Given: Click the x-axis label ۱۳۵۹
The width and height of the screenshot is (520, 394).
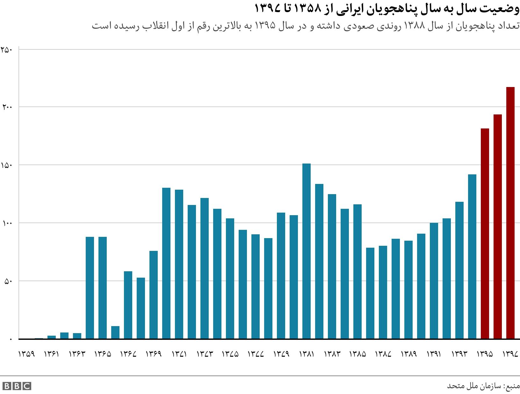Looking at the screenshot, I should (26, 354).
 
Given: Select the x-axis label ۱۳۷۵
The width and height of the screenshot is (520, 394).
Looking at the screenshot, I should (230, 354).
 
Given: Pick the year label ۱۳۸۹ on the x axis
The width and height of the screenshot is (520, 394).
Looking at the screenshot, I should (408, 354).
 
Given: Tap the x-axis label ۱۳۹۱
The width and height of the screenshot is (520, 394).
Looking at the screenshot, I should (434, 354).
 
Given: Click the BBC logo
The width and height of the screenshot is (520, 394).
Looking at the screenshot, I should (17, 386).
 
